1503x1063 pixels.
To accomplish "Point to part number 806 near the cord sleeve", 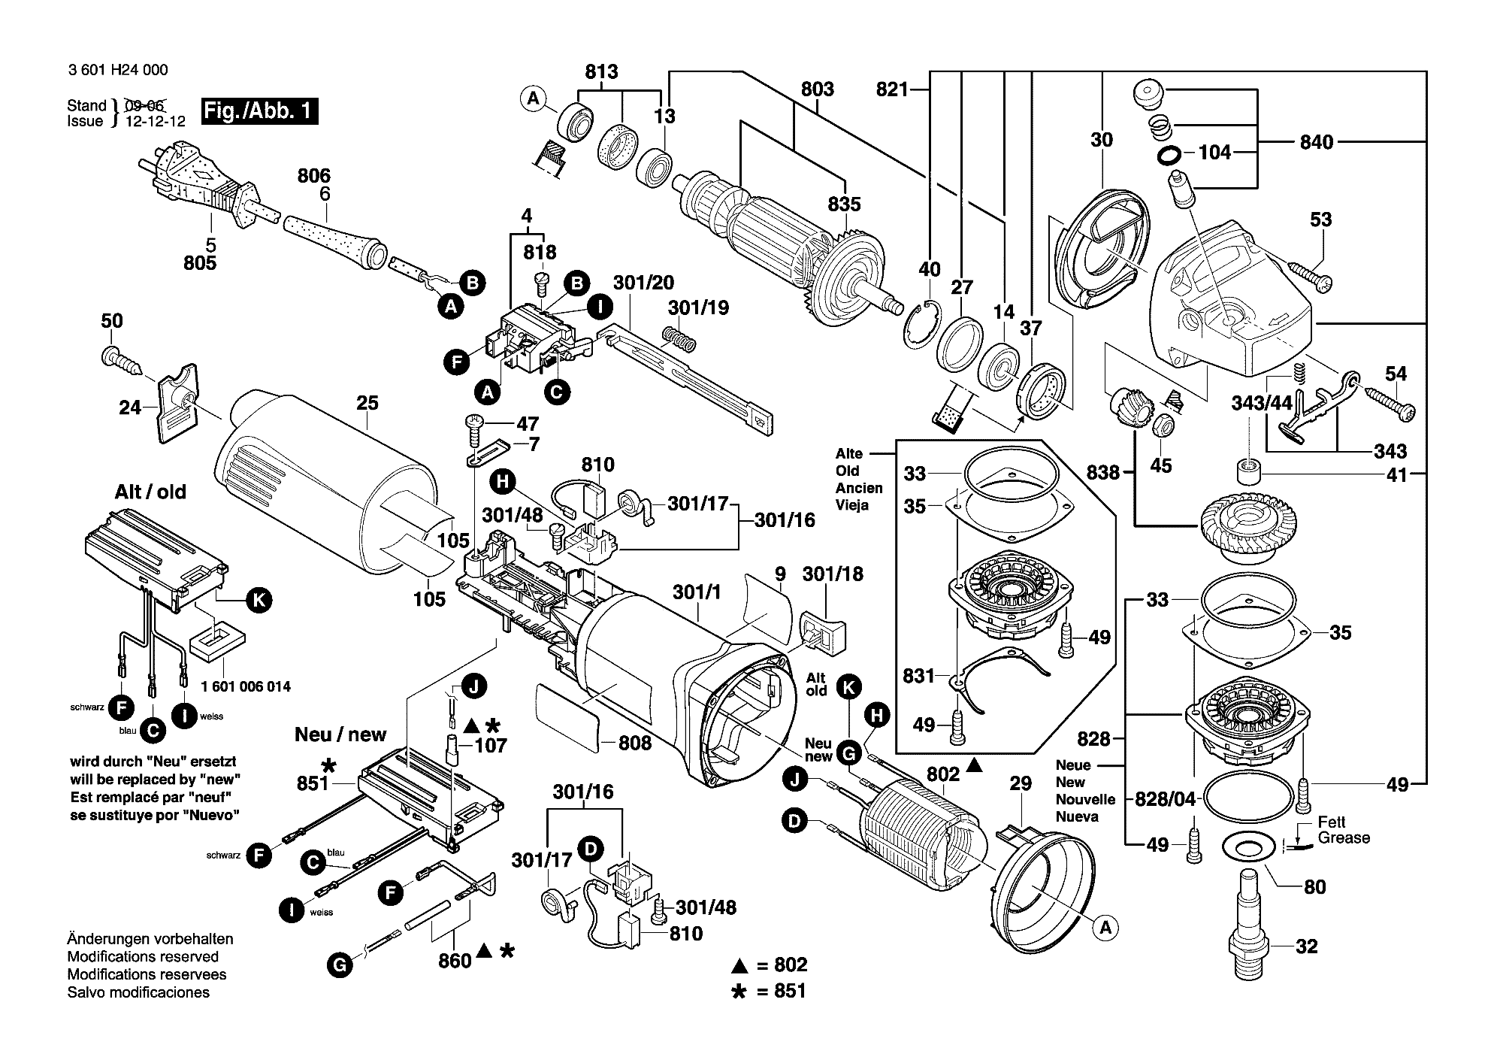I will pyautogui.click(x=314, y=176).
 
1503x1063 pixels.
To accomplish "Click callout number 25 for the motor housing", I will pyautogui.click(x=367, y=404).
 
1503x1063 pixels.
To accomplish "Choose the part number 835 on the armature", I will pyautogui.click(x=845, y=204).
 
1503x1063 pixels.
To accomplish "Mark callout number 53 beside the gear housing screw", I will pyautogui.click(x=1321, y=220).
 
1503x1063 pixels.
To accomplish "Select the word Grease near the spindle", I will pyautogui.click(x=1344, y=838).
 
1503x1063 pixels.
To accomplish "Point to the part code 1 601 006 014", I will pyautogui.click(x=246, y=686).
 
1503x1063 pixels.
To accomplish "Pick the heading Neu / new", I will pyautogui.click(x=340, y=734).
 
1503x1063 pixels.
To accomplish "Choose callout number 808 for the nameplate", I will pyautogui.click(x=635, y=743).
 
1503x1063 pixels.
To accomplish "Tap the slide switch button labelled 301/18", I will pyautogui.click(x=823, y=628).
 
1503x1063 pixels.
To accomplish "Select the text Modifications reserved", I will pyautogui.click(x=143, y=957).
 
